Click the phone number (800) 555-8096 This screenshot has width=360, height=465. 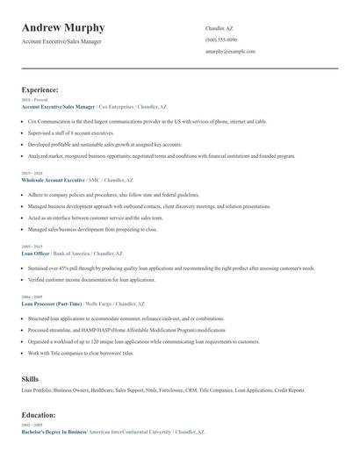pos(221,40)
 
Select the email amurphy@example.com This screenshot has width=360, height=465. pos(230,52)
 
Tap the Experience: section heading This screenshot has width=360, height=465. pos(40,89)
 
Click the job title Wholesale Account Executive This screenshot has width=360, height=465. pos(54,179)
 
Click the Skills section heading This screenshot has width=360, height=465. pos(30,379)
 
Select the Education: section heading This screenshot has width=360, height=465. pos(39,414)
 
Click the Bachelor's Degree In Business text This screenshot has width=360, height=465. pos(54,432)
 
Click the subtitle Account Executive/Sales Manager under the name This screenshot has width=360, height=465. pos(61,41)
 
